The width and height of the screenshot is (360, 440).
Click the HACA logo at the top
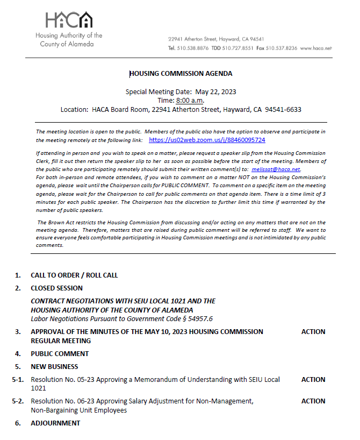(69, 20)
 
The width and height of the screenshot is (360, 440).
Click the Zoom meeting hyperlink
(207, 140)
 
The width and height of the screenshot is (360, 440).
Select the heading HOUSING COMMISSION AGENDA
(181, 74)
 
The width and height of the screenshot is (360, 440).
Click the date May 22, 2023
(217, 91)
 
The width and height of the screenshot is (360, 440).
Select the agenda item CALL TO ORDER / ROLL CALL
(74, 275)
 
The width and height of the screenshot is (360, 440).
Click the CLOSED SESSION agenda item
(56, 288)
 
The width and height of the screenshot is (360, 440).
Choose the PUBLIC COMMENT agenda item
(60, 354)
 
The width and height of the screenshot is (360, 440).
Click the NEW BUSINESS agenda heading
(54, 367)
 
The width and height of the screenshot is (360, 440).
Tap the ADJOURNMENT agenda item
(55, 423)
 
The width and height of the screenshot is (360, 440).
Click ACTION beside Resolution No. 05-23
(313, 380)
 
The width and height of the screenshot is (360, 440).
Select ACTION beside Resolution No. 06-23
(313, 401)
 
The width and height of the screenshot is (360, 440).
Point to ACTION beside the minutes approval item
(313, 332)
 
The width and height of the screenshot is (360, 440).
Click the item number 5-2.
(18, 401)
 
